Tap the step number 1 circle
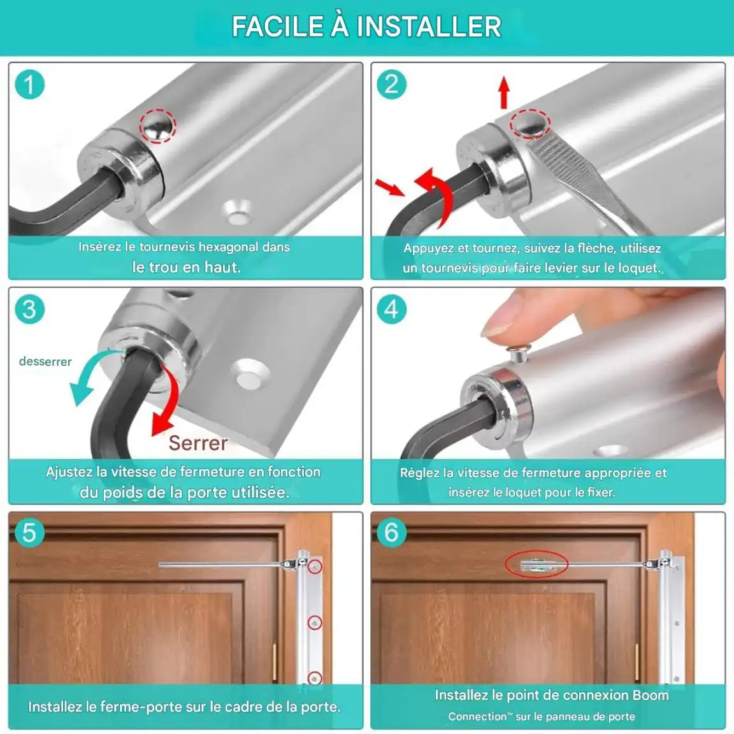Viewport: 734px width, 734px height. click(x=29, y=85)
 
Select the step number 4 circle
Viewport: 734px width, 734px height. click(x=391, y=310)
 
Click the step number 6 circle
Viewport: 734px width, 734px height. click(x=391, y=533)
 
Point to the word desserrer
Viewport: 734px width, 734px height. click(x=45, y=361)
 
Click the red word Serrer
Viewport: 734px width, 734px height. click(x=199, y=443)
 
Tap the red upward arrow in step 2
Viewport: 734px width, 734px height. click(x=504, y=92)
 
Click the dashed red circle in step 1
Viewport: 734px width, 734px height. click(x=158, y=126)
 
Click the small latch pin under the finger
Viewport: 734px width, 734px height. click(x=518, y=354)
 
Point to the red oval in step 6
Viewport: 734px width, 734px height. click(x=536, y=564)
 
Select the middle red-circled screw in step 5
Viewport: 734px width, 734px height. click(x=315, y=622)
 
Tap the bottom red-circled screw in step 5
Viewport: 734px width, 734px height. click(x=315, y=678)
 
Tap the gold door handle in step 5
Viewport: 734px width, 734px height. click(x=275, y=662)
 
